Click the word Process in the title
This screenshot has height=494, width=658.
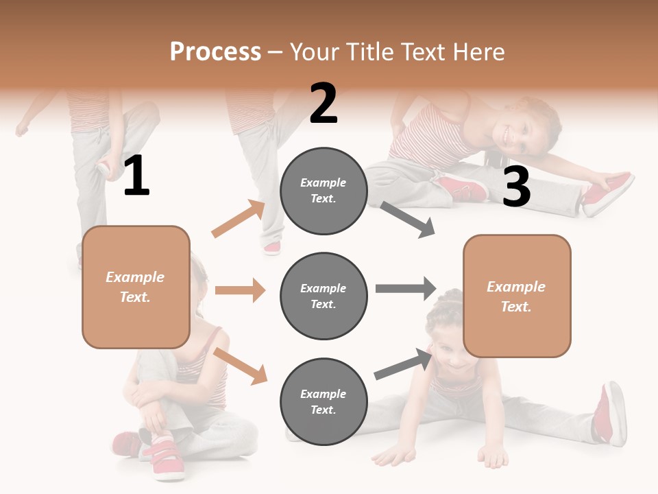[x=215, y=51]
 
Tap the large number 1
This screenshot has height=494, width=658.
[x=136, y=176]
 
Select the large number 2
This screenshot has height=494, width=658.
[x=324, y=104]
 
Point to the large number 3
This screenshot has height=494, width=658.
[x=516, y=187]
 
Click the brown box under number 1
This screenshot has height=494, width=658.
[x=136, y=287]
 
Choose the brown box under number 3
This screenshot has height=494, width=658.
[x=517, y=296]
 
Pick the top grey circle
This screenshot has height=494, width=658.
[x=324, y=191]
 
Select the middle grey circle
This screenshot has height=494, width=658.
[x=324, y=296]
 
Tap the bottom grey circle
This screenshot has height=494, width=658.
[x=324, y=401]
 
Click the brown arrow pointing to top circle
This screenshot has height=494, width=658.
[x=239, y=219]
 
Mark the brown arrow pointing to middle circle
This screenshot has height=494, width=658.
[x=240, y=290]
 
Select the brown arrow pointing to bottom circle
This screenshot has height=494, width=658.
[x=240, y=365]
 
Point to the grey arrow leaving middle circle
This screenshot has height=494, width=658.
[x=405, y=288]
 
